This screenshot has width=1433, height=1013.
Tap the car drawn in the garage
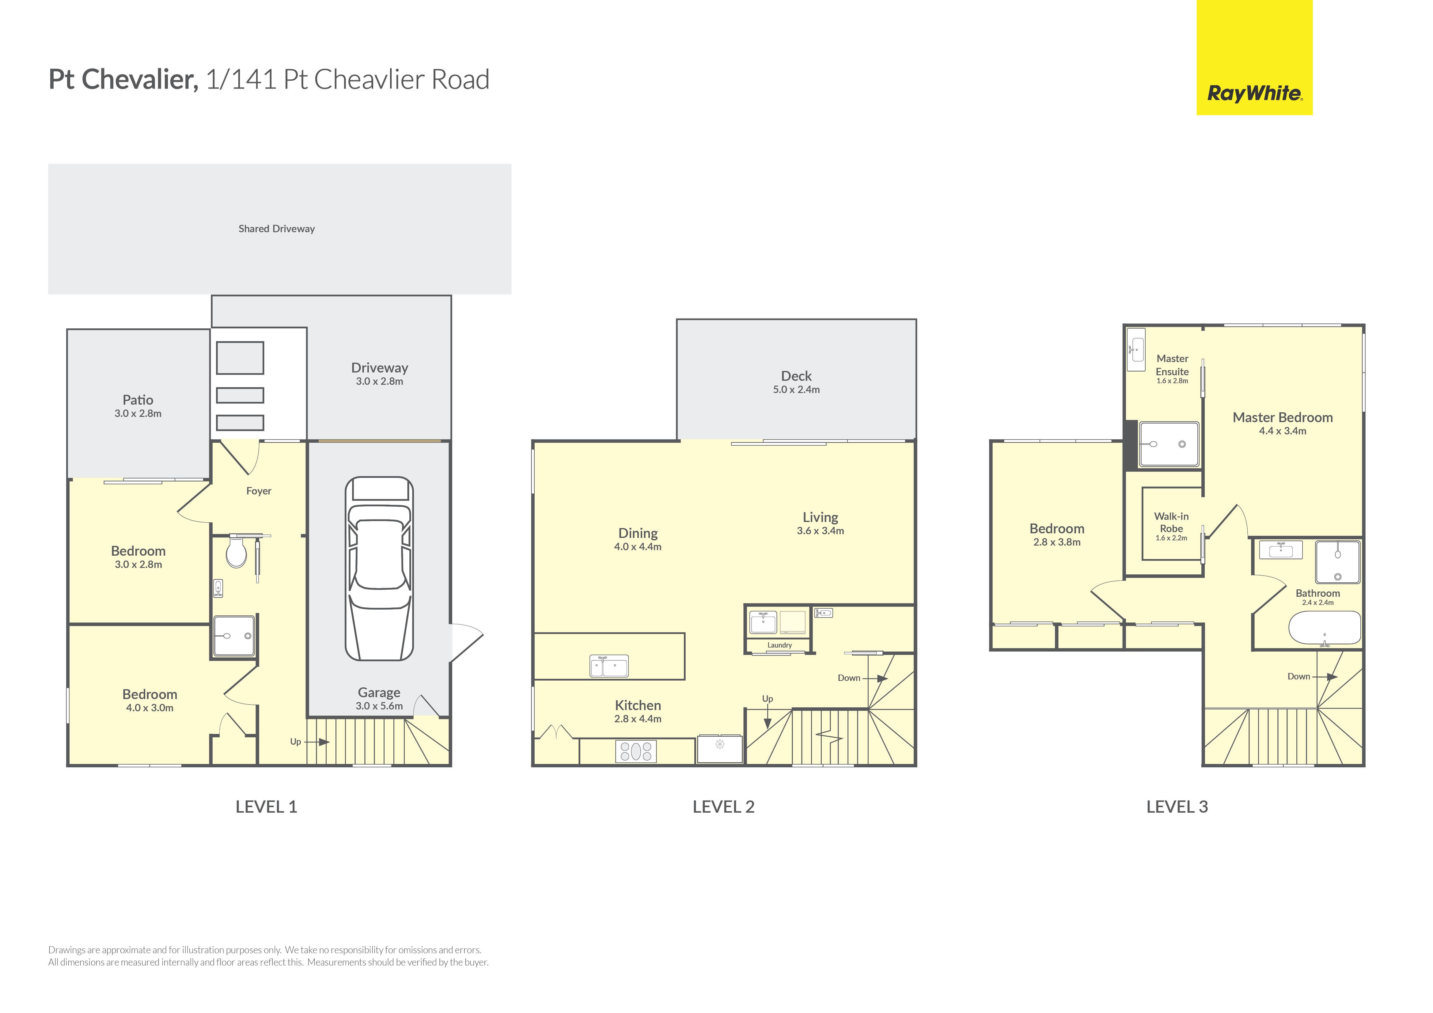pos(379,568)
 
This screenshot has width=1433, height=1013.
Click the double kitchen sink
pos(609,666)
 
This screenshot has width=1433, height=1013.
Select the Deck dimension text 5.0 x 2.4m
pos(796,389)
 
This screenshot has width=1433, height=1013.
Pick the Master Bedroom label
pos(1283,418)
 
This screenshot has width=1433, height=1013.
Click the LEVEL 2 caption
pos(723,807)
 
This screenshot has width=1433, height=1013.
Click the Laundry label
pos(779,645)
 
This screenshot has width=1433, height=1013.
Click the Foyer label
pos(258,491)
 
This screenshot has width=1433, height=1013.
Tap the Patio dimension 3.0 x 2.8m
pos(138,414)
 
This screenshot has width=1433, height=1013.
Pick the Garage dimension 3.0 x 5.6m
pos(379,706)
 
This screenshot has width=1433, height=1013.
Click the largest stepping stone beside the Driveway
pos(240,358)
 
